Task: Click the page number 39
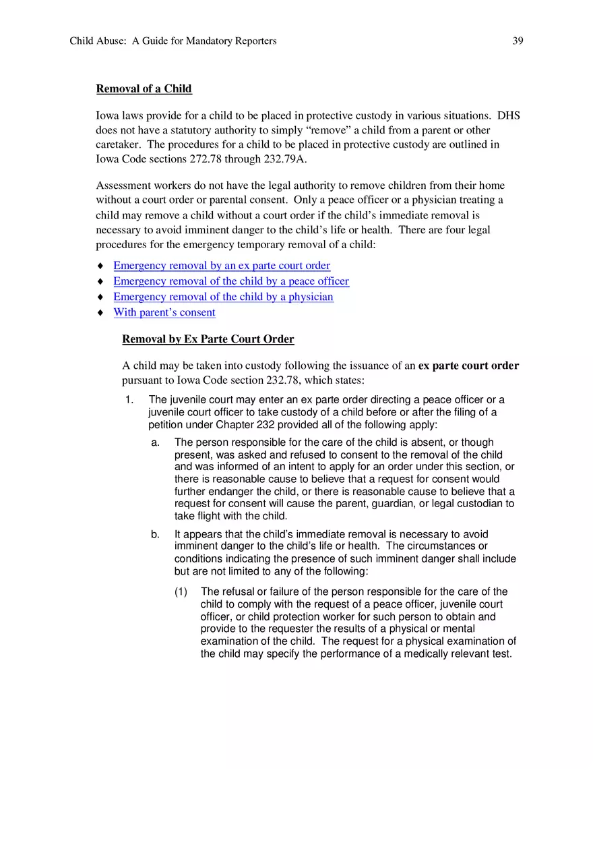(x=518, y=41)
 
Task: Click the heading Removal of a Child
(x=144, y=89)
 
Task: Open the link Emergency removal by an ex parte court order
(x=222, y=266)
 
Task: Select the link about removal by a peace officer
(x=231, y=281)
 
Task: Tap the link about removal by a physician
(x=223, y=297)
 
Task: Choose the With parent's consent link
(x=164, y=312)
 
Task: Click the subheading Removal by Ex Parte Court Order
(x=208, y=339)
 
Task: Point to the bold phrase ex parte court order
(x=468, y=366)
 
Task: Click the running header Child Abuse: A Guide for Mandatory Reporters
(x=173, y=41)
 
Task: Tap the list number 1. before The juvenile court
(x=130, y=401)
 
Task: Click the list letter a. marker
(x=156, y=443)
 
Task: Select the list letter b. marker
(x=156, y=535)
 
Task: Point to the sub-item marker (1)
(x=181, y=592)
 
